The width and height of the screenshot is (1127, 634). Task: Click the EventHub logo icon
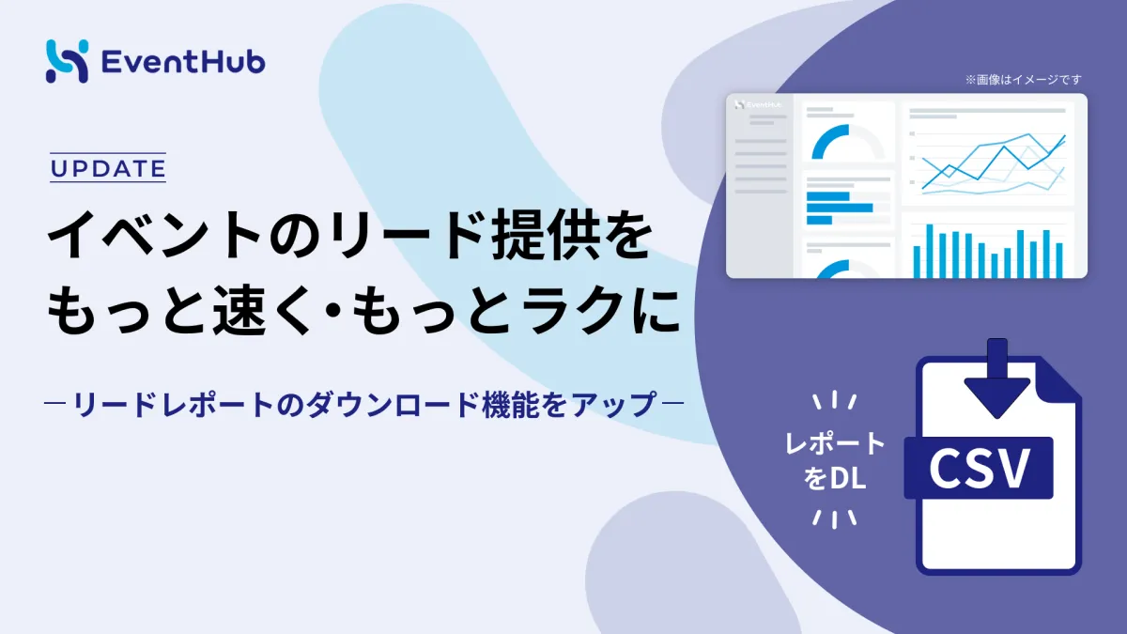67,61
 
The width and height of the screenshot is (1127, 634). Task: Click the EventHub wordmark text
184,62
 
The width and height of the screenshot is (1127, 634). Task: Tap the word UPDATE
108,168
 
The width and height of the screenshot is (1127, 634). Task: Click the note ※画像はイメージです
1023,80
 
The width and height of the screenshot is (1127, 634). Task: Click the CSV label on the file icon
979,468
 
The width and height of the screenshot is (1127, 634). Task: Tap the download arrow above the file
997,378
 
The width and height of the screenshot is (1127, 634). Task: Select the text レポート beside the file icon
835,443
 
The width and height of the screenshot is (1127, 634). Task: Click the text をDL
835,477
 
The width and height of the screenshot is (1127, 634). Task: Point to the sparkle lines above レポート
835,400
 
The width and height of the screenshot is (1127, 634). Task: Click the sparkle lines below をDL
835,519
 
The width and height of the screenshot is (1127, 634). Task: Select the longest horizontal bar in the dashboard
840,208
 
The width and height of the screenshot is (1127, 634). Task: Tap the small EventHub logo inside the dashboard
758,104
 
